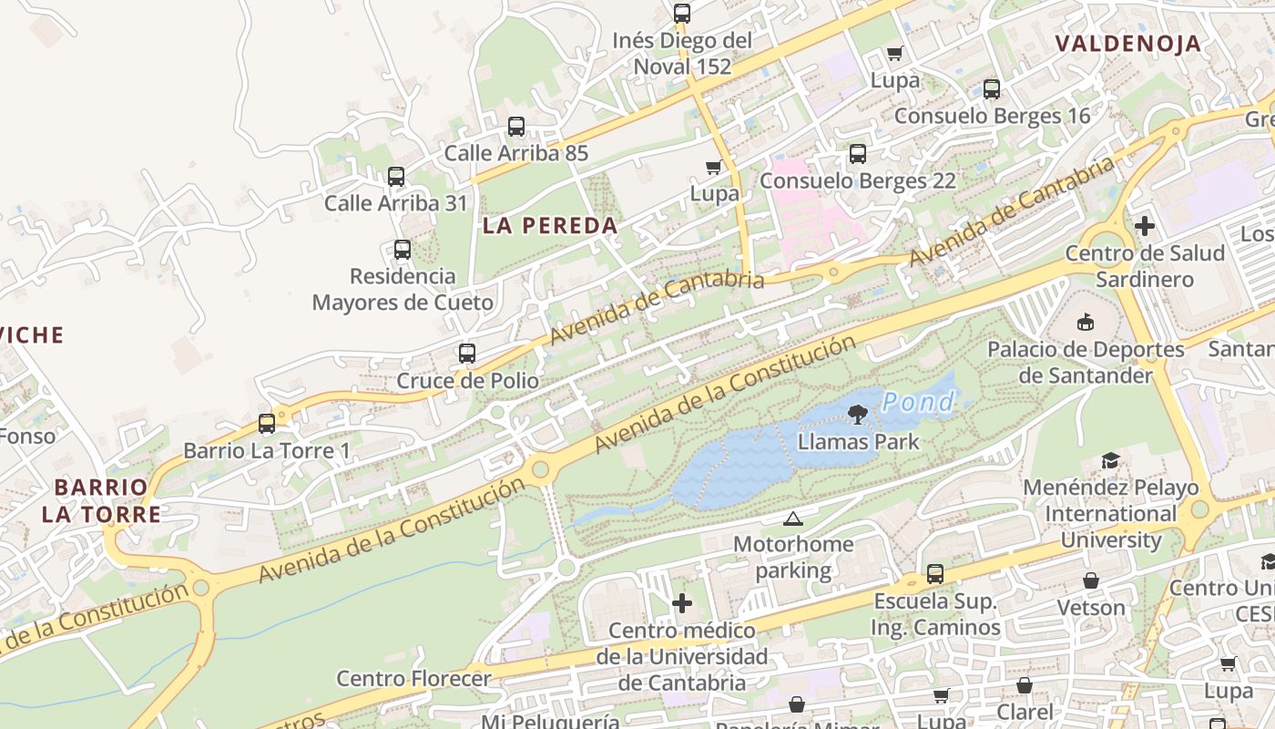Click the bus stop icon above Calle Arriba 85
516,127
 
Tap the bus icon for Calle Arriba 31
396,177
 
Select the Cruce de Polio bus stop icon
467,354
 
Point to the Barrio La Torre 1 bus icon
267,424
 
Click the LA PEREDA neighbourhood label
550,226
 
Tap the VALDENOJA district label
1127,43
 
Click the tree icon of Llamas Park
857,416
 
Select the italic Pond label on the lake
919,401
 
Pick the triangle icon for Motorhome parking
792,519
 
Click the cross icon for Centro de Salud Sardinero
1145,226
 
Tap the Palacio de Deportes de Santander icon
1086,322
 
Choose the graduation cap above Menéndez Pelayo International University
1109,460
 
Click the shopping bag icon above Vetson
1090,580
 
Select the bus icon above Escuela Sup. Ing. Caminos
935,574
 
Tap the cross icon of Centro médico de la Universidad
682,603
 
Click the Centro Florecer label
413,679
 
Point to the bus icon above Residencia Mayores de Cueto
402,250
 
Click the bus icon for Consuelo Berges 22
858,154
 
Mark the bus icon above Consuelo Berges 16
992,89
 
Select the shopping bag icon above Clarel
1025,685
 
